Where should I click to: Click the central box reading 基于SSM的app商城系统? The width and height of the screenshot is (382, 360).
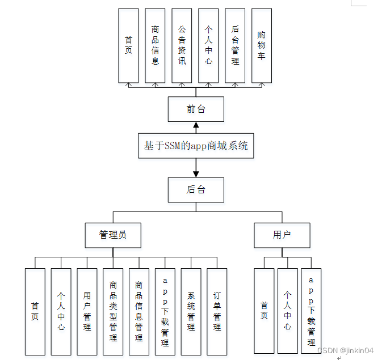(x=196, y=146)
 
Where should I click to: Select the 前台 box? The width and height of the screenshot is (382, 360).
(x=196, y=109)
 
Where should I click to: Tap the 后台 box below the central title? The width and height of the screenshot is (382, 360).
(x=196, y=190)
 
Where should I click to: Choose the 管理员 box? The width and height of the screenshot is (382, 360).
(x=112, y=235)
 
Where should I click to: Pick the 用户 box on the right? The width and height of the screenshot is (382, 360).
(x=282, y=235)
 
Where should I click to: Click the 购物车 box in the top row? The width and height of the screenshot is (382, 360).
(x=261, y=45)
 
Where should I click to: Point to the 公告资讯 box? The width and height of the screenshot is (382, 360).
(x=182, y=45)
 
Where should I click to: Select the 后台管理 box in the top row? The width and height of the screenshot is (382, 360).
(x=235, y=45)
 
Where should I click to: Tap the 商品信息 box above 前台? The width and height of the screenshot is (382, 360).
(x=155, y=45)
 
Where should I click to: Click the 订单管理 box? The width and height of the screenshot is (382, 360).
(x=217, y=311)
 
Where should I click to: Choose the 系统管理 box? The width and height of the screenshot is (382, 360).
(x=191, y=311)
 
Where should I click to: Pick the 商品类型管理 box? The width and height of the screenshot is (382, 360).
(x=113, y=311)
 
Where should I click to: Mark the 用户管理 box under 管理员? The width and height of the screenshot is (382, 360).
(x=87, y=311)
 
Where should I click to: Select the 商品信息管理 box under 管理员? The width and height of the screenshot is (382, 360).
(x=139, y=311)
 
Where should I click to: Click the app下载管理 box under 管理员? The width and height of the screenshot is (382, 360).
(x=165, y=311)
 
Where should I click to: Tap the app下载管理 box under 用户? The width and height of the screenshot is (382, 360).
(x=311, y=311)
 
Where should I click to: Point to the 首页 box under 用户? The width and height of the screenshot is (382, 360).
(x=264, y=311)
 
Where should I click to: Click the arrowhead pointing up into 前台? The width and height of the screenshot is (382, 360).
(x=196, y=125)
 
